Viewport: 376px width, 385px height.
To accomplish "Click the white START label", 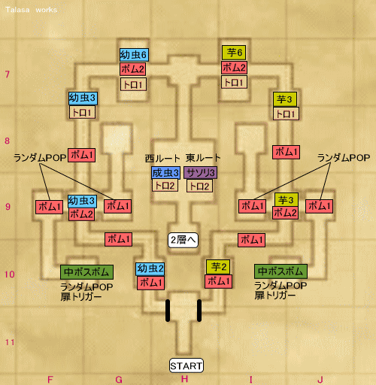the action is click(186, 365).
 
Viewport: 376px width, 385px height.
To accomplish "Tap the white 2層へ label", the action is click(183, 240).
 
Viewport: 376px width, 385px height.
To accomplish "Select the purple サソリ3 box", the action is click(201, 172).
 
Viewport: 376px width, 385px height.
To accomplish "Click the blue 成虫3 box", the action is click(165, 172).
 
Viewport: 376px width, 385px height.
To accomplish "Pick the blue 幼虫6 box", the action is click(134, 55).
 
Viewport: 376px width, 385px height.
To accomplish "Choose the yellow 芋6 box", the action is click(234, 53).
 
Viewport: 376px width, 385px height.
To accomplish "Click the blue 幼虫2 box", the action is click(150, 269).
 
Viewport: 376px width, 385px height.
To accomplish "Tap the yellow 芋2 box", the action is click(218, 267).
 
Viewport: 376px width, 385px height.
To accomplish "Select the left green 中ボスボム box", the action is click(86, 272).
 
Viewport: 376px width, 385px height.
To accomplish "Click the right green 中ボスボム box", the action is click(280, 271).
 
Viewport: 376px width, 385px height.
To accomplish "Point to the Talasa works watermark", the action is click(32, 10).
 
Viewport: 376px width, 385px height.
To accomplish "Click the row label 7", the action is click(8, 74).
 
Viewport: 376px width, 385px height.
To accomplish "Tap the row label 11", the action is click(10, 342).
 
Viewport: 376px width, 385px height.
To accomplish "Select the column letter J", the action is click(320, 380).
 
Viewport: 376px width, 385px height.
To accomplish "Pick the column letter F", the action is click(50, 380).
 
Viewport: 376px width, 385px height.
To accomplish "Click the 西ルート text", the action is click(162, 158).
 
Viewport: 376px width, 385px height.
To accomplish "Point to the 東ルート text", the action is click(203, 158).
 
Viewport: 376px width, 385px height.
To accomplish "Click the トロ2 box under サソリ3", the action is click(199, 186).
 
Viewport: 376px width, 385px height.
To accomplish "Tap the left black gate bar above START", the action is click(168, 311).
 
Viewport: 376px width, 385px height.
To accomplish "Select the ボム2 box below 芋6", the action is click(234, 68).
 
